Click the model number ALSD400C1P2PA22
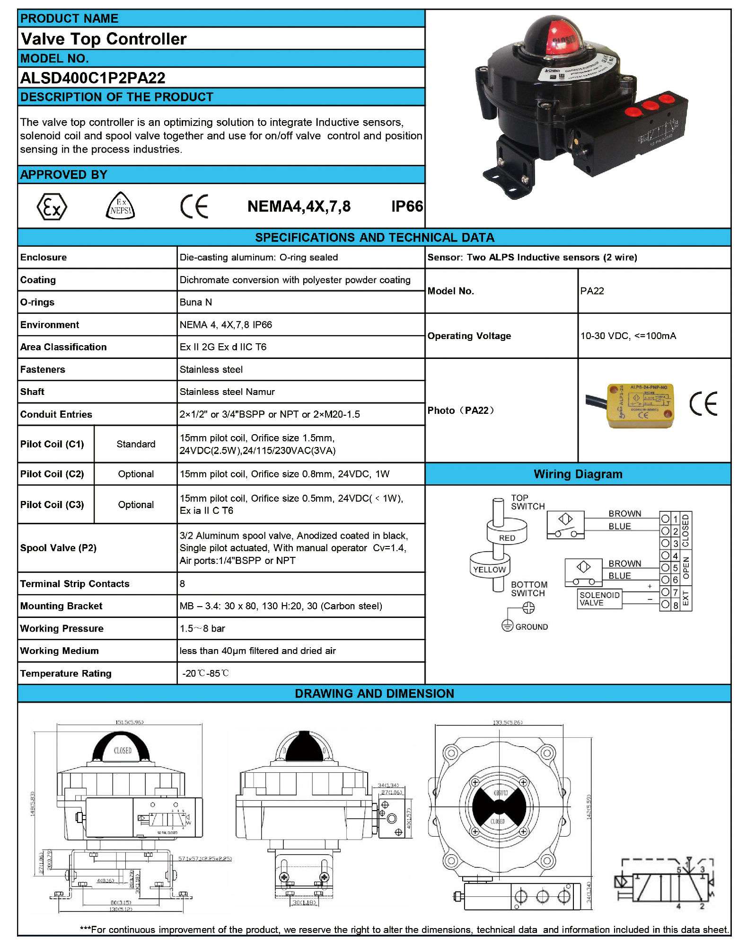coord(93,78)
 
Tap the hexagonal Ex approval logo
coord(52,206)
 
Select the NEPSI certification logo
coord(120,206)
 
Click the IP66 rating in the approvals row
coord(407,206)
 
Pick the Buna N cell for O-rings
coord(196,302)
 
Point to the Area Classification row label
coord(63,347)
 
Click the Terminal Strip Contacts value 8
coord(182,584)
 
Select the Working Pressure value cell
coord(202,628)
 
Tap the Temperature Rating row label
coord(66,673)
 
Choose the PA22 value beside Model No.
coord(592,291)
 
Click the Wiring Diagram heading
coord(578,474)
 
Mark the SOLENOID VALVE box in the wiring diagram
coord(599,599)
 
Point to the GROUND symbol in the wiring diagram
coord(507,626)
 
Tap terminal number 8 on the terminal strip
coord(676,605)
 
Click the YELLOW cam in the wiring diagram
coord(490,569)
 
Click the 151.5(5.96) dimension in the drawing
coord(129,722)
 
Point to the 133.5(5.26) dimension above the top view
coord(507,723)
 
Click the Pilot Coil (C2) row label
coord(52,474)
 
